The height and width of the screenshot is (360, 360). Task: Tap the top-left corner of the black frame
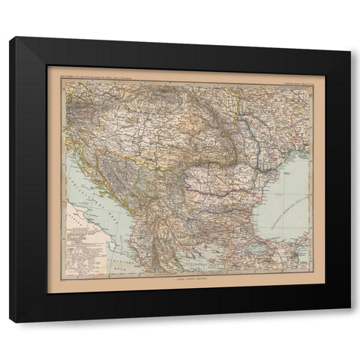tap(10, 37)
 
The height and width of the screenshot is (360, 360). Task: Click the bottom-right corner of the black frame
tap(350, 322)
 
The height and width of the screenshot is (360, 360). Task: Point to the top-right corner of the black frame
tap(350, 37)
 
